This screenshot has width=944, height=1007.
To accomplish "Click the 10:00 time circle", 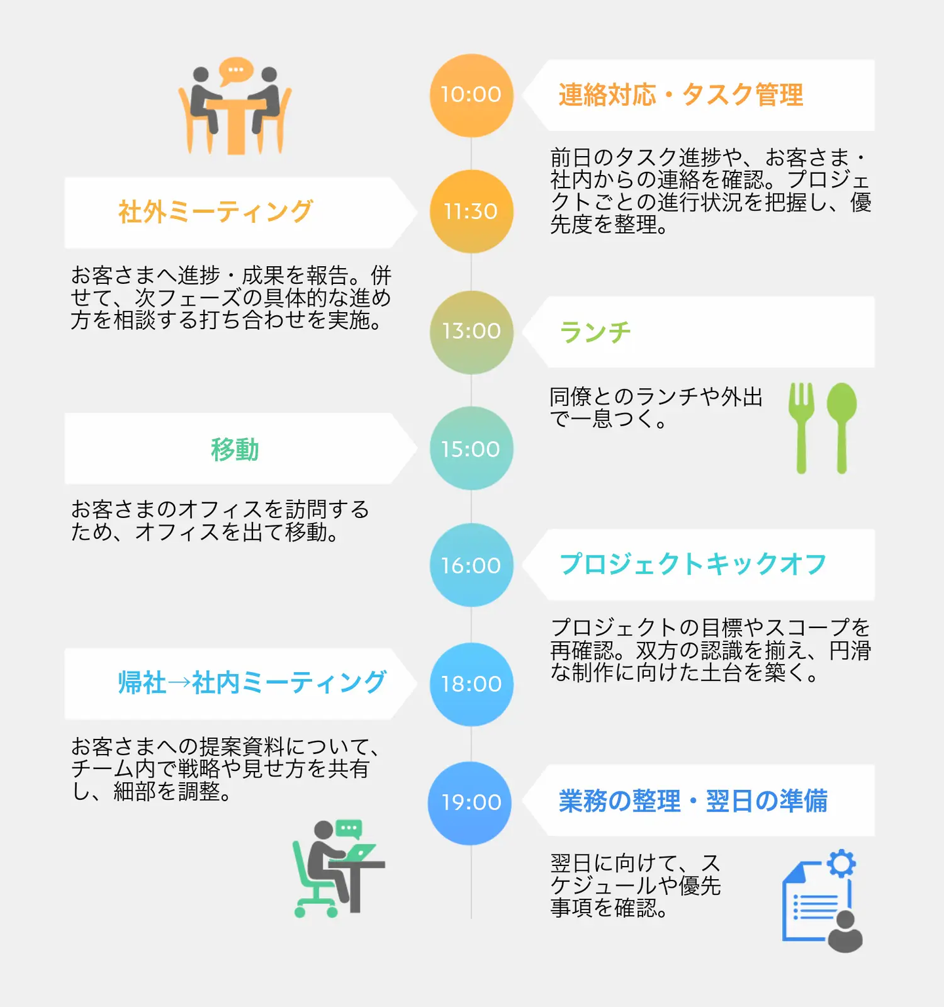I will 471,96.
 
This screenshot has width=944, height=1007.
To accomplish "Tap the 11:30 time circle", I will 471,212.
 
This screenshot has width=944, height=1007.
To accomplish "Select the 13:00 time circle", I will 471,332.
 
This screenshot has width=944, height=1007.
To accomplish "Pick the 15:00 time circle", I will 471,448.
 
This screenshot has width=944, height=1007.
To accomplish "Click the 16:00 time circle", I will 471,565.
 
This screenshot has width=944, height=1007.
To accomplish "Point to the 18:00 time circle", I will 471,684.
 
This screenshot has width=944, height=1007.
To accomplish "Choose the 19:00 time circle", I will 470,802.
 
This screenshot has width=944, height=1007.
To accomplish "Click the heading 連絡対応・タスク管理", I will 680,95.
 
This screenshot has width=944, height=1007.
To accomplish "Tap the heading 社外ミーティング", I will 215,212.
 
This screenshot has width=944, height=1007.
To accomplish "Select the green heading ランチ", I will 595,332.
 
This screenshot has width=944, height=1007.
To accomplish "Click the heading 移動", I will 235,450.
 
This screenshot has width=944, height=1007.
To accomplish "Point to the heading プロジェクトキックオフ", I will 693,564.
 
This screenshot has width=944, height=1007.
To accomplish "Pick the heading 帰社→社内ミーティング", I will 252,682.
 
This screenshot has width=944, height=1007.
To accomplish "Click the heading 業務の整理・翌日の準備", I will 693,801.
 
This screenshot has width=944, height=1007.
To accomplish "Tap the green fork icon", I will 801,426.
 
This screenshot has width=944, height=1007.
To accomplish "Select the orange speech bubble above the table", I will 235,70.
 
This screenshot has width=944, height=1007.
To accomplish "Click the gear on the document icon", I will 841,863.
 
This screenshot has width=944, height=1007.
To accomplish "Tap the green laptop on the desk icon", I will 359,852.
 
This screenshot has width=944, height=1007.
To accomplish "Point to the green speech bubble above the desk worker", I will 349,829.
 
